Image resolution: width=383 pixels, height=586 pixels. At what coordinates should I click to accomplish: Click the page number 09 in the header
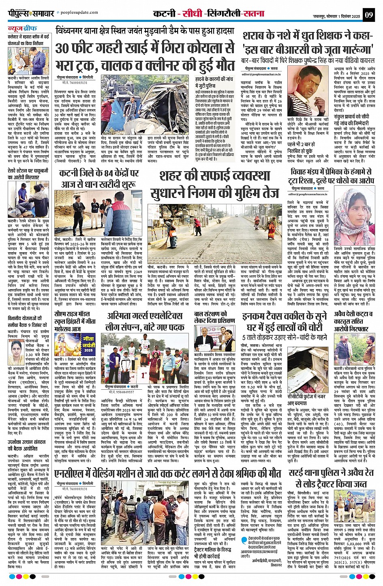[x=369, y=15]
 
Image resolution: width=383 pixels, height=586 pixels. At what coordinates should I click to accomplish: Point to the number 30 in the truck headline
[x=66, y=48]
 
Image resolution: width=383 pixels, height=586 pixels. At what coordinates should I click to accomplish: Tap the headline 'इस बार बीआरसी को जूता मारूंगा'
[x=307, y=50]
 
